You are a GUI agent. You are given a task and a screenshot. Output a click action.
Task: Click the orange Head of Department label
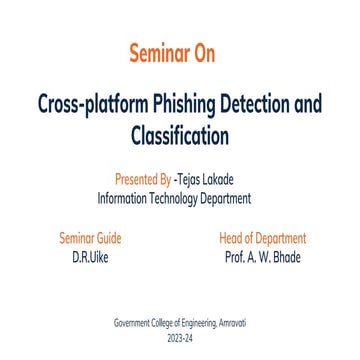point(262,239)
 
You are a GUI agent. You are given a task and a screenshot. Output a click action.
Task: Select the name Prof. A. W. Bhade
point(262,256)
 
